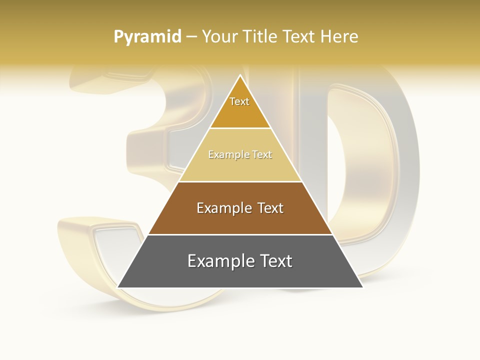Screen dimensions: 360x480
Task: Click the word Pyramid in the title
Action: click(147, 37)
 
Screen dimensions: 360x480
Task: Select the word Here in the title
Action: click(339, 37)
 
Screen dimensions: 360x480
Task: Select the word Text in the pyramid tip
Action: click(239, 101)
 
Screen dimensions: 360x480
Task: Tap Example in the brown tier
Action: click(220, 208)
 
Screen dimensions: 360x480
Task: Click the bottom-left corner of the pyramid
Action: click(118, 287)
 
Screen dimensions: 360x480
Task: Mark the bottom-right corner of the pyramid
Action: click(362, 287)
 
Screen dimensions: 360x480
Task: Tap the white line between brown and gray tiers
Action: click(240, 234)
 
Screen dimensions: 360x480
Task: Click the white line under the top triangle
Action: click(240, 128)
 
